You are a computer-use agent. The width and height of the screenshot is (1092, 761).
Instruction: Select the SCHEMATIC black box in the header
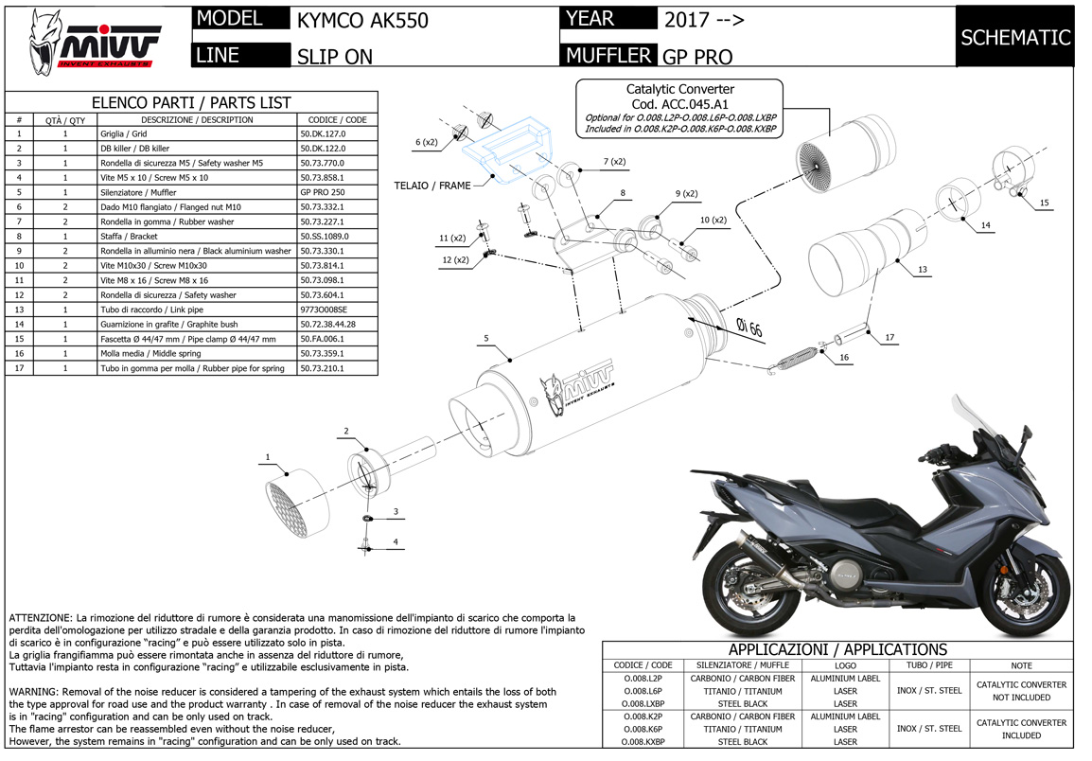(x=1014, y=38)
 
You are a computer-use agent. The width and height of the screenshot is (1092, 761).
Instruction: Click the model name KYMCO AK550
(x=362, y=20)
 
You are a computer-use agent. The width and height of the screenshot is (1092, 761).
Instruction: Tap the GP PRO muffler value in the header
(x=697, y=56)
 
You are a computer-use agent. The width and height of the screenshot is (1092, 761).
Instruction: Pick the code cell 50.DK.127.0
(x=323, y=134)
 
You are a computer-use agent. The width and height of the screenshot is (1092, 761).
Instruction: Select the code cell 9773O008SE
(x=323, y=310)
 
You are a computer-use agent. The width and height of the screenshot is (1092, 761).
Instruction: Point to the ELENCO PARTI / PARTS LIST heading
(x=190, y=102)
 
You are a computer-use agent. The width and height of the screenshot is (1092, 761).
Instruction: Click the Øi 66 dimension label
(x=749, y=327)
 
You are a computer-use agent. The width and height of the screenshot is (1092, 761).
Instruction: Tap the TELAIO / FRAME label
(x=432, y=186)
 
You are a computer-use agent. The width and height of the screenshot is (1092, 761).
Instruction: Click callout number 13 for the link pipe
(x=923, y=270)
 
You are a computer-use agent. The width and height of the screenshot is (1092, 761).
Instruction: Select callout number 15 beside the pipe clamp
(x=1044, y=203)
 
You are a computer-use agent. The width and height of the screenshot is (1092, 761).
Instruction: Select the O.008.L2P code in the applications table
(x=643, y=679)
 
